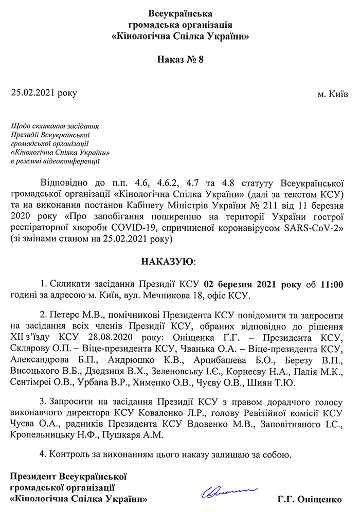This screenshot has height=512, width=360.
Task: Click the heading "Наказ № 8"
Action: point(179,60)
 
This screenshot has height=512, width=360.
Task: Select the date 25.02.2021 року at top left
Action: point(44,93)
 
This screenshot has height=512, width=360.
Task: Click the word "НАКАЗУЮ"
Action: point(170,261)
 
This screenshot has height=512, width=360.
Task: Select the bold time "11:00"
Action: point(332,284)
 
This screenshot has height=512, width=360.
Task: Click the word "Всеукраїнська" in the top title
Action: point(179,13)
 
